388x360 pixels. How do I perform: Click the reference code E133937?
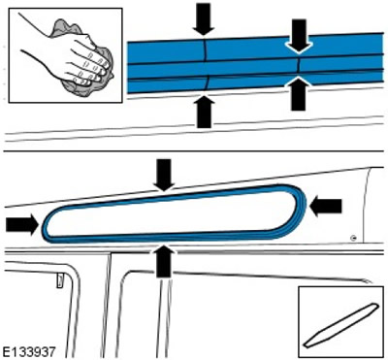click(x=29, y=350)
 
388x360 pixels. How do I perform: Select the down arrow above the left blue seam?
click(x=204, y=19)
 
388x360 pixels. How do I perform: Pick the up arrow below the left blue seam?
click(x=204, y=111)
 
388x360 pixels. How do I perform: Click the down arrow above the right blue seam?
click(x=299, y=36)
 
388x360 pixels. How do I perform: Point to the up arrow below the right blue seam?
click(x=299, y=95)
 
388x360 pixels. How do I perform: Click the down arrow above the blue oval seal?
click(x=164, y=175)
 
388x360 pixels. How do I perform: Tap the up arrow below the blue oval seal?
click(x=164, y=261)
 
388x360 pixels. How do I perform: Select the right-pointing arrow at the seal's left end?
click(x=22, y=225)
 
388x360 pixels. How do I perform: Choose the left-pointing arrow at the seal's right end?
click(x=325, y=207)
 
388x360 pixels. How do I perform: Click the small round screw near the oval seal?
click(x=355, y=239)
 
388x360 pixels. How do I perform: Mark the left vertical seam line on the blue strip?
click(x=206, y=65)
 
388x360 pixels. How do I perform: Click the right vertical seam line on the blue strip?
click(x=299, y=66)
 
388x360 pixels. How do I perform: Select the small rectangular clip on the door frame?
click(x=60, y=280)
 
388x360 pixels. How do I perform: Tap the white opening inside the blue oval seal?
click(x=172, y=213)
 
